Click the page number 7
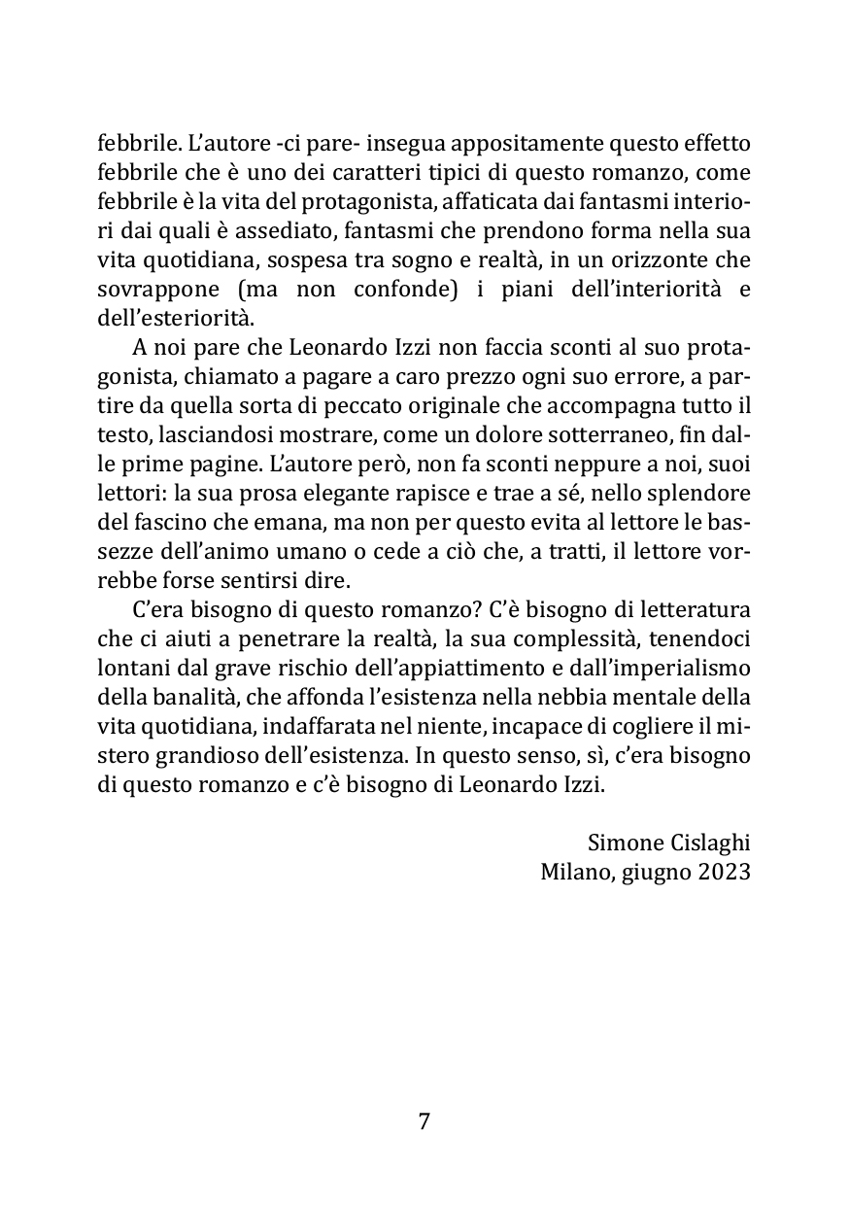pos(424,1121)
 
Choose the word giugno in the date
pos(653,871)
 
